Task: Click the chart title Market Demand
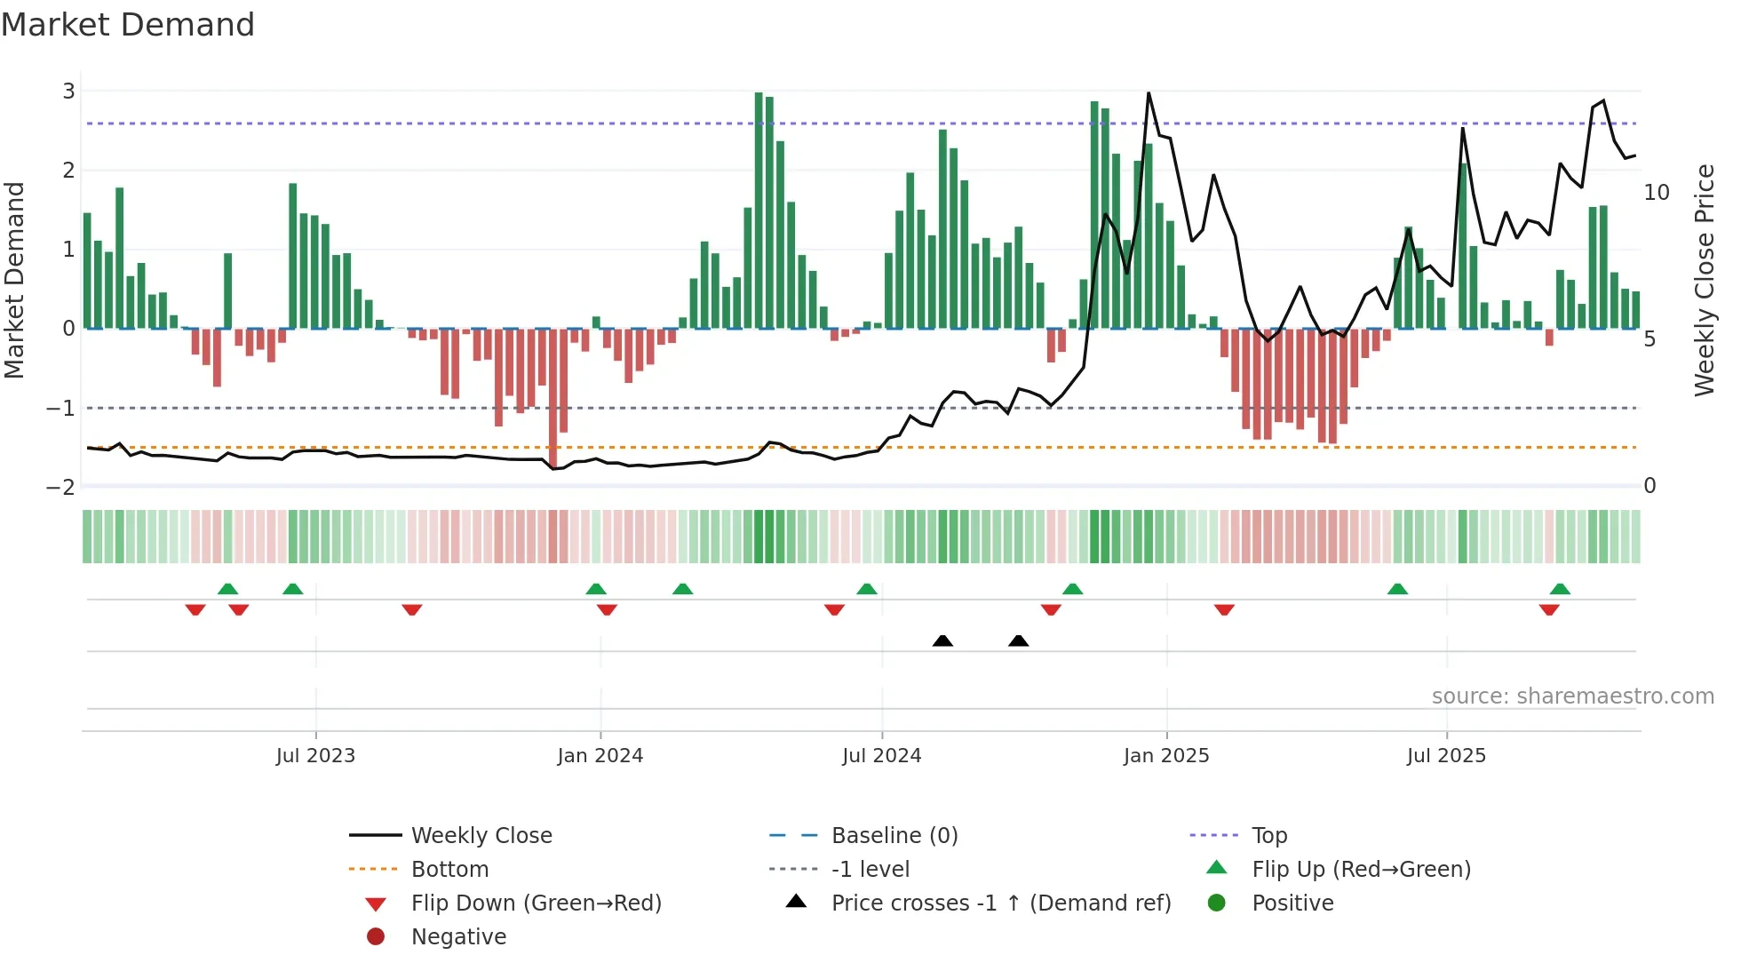click(128, 25)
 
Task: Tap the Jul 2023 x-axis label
click(315, 756)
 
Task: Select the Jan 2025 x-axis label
click(1165, 756)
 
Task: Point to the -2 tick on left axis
click(60, 487)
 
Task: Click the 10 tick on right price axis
click(1657, 193)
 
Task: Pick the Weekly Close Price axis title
click(1704, 280)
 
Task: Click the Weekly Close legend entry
click(481, 836)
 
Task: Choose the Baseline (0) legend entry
click(894, 836)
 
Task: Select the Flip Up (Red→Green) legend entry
click(1361, 870)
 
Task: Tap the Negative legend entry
click(458, 937)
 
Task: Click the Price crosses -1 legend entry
click(1000, 903)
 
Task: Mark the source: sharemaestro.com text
click(1572, 696)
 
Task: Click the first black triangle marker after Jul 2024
click(942, 641)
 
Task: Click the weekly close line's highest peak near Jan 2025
click(1149, 93)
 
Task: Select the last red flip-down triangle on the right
click(1549, 610)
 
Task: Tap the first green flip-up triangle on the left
click(227, 588)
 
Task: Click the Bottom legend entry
click(449, 870)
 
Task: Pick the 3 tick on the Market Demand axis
click(68, 92)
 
